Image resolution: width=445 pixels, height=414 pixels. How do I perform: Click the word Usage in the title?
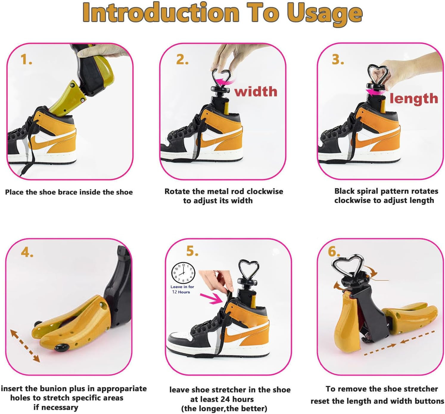(x=325, y=14)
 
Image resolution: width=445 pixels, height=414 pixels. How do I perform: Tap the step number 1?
(x=26, y=60)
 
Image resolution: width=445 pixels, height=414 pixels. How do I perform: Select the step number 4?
(x=27, y=252)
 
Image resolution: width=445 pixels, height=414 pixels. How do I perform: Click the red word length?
(x=414, y=98)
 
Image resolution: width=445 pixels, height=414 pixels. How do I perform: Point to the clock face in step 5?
(x=183, y=273)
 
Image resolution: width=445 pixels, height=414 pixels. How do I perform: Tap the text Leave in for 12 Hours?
(x=182, y=290)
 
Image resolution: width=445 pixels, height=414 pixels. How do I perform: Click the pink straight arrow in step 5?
(x=211, y=298)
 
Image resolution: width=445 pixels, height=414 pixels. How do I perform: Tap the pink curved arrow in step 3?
(x=375, y=92)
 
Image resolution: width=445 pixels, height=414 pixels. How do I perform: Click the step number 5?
(x=192, y=251)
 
